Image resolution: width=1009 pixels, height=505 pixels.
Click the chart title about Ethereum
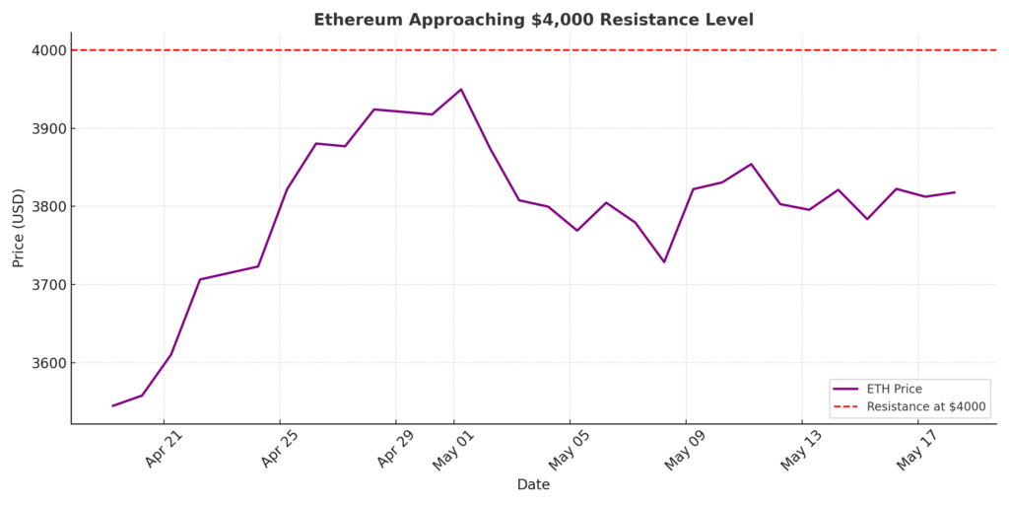point(533,20)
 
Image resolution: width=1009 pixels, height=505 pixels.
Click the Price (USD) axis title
point(19,228)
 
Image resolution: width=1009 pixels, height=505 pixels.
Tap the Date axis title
point(533,485)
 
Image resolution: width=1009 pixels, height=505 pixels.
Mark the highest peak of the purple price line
point(461,90)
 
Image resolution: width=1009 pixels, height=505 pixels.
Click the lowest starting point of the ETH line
point(112,405)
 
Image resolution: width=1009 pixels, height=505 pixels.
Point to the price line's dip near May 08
point(664,261)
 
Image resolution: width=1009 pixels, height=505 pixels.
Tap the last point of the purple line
point(954,192)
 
